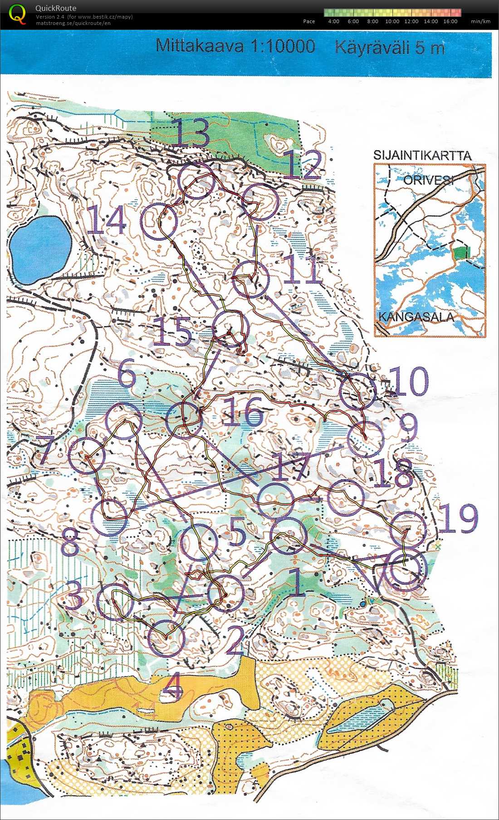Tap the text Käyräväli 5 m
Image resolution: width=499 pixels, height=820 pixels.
[x=390, y=47]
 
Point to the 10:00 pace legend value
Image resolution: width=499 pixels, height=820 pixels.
[x=392, y=21]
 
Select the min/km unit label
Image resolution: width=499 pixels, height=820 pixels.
[x=480, y=21]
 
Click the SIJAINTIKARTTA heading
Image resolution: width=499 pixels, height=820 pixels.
[x=422, y=155]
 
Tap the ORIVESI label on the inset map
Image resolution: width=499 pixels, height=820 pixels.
[x=428, y=180]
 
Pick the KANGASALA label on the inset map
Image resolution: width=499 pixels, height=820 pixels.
[x=416, y=316]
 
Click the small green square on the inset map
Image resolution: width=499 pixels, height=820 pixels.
[x=462, y=252]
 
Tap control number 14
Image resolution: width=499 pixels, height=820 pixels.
[x=106, y=220]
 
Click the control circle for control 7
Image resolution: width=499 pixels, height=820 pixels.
[x=87, y=455]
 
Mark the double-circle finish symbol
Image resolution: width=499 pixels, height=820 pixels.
[x=406, y=571]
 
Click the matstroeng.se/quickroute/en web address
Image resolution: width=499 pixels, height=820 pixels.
[x=73, y=23]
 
